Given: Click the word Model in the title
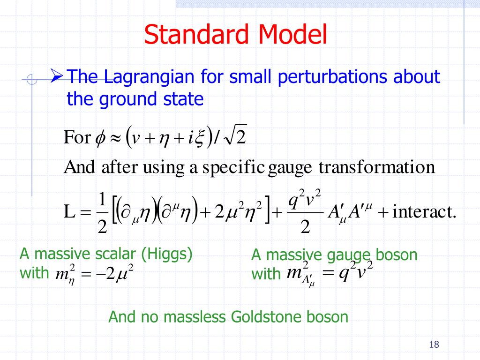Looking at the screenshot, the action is click(292, 34).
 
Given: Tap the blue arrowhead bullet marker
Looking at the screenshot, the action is click(57, 75).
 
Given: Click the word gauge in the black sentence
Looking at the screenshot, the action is click(290, 168).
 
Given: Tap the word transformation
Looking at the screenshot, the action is click(376, 167).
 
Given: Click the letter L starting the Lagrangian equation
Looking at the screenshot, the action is click(69, 211).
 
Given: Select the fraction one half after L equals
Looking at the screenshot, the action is click(102, 213).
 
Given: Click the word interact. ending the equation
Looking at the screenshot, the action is click(424, 211).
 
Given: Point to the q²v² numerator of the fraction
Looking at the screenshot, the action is click(305, 199).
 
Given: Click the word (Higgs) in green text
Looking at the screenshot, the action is click(167, 254).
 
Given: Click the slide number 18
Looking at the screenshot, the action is click(434, 345).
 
